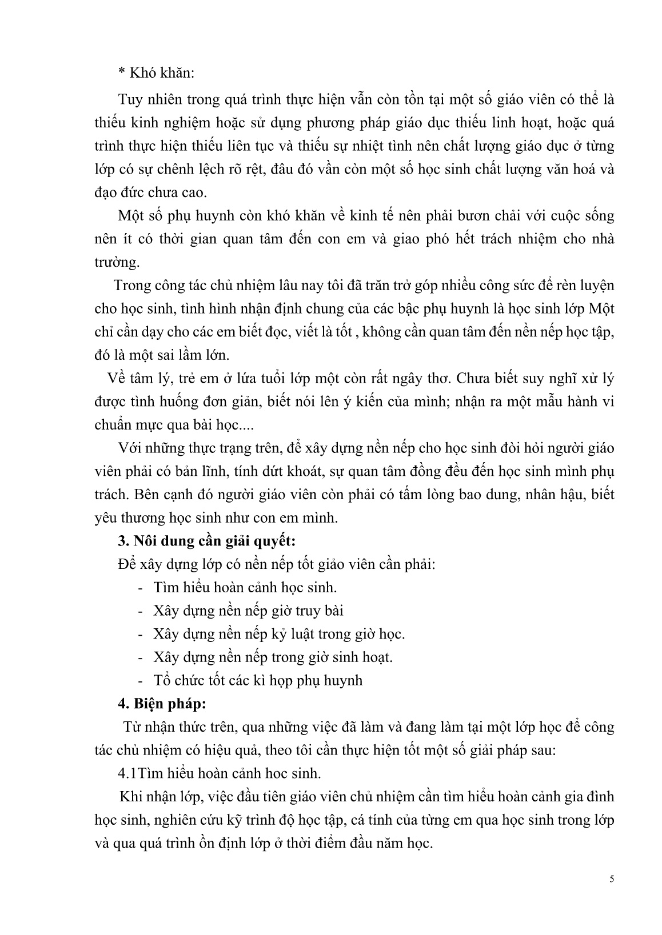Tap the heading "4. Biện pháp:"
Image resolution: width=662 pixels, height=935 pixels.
click(x=162, y=704)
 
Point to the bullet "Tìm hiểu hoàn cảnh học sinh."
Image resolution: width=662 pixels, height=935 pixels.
click(x=245, y=587)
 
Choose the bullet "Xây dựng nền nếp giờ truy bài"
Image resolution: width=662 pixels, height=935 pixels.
click(x=248, y=610)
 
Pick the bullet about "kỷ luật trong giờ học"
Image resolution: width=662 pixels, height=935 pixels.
click(x=279, y=633)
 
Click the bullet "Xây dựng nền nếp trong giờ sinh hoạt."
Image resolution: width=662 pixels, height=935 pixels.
click(x=273, y=657)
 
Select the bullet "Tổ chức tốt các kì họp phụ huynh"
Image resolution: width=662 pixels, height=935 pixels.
click(x=258, y=680)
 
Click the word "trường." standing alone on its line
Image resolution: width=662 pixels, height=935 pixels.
click(x=117, y=262)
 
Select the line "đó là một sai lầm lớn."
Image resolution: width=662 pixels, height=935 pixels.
click(x=162, y=355)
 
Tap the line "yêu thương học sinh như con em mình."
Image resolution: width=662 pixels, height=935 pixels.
click(x=217, y=518)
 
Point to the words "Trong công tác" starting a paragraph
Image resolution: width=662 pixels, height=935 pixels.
click(x=153, y=286)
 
